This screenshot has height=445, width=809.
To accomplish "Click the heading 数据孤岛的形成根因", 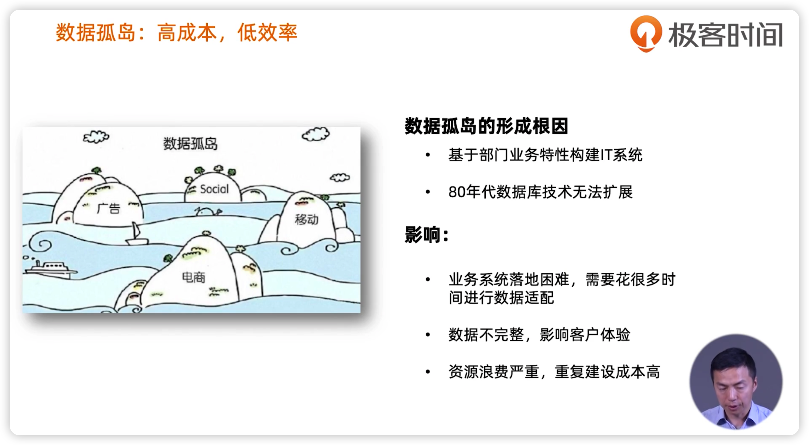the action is pyautogui.click(x=486, y=126).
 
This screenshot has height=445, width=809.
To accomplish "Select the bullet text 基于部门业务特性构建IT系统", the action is pyautogui.click(x=546, y=155).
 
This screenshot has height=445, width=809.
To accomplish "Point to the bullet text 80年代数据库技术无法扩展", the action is pyautogui.click(x=540, y=192).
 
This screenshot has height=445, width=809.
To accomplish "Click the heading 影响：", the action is pyautogui.click(x=427, y=235).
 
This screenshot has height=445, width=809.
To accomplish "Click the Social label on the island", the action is pyautogui.click(x=214, y=189).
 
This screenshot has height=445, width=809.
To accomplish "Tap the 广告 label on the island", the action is pyautogui.click(x=109, y=208).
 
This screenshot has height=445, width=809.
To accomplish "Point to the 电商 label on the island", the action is pyautogui.click(x=193, y=277).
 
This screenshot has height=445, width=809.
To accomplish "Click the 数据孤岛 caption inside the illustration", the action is pyautogui.click(x=190, y=144).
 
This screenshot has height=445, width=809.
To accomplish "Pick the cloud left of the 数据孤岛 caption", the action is pyautogui.click(x=96, y=137).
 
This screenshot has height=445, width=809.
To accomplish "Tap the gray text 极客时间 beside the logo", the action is pyautogui.click(x=725, y=35).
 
